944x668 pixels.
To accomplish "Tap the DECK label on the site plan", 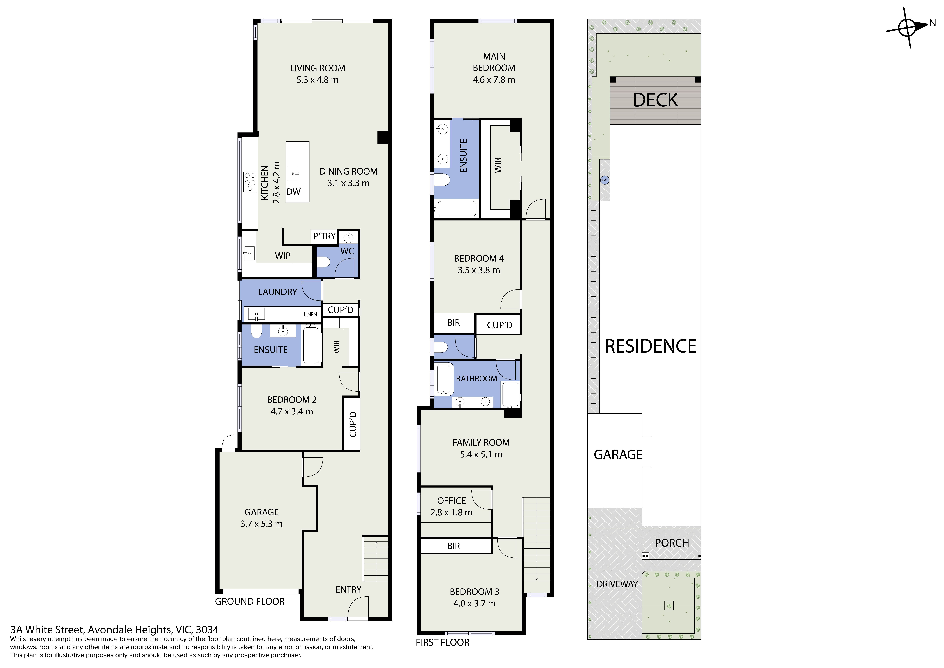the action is [x=655, y=100].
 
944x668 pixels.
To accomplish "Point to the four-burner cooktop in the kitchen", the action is [x=250, y=182].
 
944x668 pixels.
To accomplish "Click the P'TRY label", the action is [x=324, y=236].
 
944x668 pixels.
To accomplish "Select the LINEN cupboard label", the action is [x=310, y=314].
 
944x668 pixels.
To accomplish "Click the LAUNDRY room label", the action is [x=278, y=292].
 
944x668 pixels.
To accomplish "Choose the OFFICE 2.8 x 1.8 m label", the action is [x=451, y=507].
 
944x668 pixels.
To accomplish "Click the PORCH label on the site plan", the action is [x=672, y=543].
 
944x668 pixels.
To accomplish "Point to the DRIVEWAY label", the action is [x=617, y=584].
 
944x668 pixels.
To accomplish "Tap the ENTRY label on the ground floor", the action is [x=348, y=590].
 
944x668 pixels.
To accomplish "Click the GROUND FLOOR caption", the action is [x=250, y=602].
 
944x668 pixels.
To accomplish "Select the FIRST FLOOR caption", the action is [x=442, y=642].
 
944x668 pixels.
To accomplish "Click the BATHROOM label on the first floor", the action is [x=477, y=379].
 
